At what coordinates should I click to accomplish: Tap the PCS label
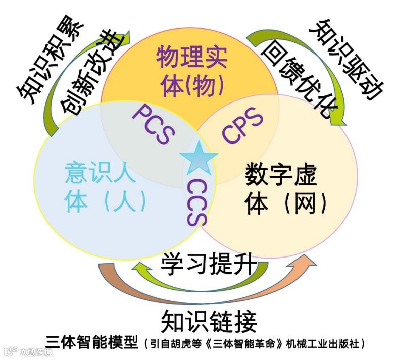pos(154,125)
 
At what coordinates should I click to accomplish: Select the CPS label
pos(243,126)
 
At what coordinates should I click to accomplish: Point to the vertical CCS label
pos(197,202)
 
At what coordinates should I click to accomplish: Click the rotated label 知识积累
pos(43,56)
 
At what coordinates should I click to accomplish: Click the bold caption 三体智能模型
pos(91,343)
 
